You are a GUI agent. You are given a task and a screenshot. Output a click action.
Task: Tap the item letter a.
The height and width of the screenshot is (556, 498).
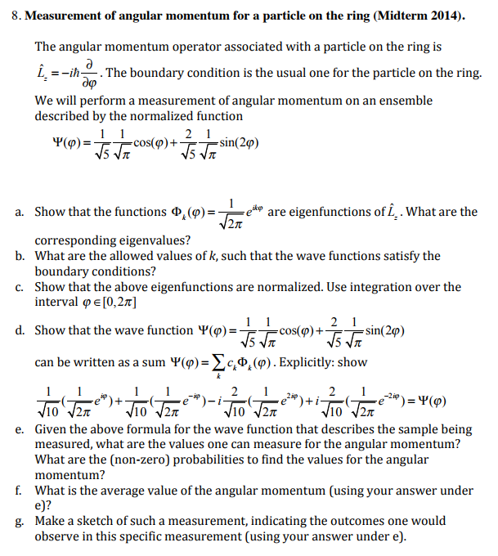[18, 212]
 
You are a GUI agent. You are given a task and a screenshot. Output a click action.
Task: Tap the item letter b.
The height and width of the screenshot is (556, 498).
[18, 256]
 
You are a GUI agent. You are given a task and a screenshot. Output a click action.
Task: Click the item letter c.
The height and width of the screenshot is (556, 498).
[18, 287]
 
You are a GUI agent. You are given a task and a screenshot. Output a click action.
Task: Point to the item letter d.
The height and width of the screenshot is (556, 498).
[18, 330]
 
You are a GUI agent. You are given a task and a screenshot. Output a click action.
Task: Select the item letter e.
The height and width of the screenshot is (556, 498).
[18, 428]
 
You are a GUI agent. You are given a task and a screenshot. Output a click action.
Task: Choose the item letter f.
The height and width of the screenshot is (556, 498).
[18, 491]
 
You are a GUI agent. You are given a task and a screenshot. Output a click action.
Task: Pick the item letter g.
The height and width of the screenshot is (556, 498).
[18, 521]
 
